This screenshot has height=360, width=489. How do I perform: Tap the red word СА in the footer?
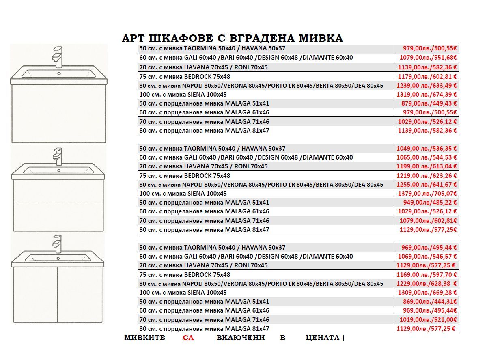click(x=188, y=338)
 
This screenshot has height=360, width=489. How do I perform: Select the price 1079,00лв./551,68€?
click(x=428, y=58)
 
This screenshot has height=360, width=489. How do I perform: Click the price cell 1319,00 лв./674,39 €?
click(x=427, y=95)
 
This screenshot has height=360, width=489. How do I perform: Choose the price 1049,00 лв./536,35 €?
click(x=427, y=149)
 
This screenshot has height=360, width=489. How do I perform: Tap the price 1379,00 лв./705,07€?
click(x=427, y=194)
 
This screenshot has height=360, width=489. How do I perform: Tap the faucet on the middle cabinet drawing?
click(x=58, y=156)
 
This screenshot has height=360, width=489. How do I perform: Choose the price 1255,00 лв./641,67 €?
click(x=427, y=185)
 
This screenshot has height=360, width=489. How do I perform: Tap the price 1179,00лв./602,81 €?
click(x=427, y=76)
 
